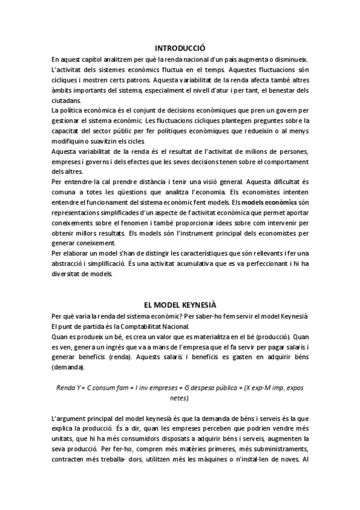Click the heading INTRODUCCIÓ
coord(180,48)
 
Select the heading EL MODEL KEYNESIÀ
coord(180,305)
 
